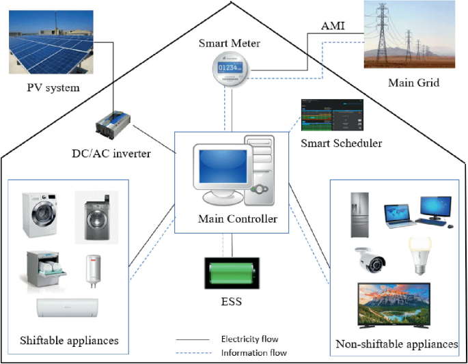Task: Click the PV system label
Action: coord(53,87)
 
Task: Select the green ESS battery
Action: coord(232,273)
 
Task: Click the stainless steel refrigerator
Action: coord(359,214)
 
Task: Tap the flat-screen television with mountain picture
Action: coord(394,306)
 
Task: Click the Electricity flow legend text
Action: coord(249,339)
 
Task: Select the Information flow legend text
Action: coord(253,353)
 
